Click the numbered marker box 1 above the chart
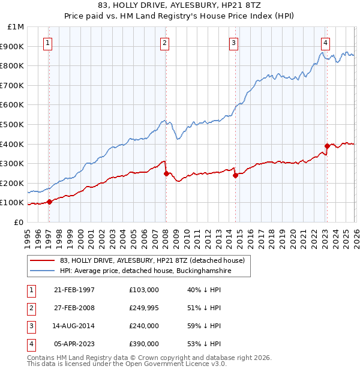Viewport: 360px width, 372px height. click(47, 43)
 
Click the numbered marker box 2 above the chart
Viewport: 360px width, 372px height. click(164, 43)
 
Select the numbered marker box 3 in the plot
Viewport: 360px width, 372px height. click(233, 43)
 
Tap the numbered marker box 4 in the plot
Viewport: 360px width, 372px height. click(325, 43)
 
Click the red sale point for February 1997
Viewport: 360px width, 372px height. click(50, 202)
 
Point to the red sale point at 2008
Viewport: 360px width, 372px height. click(166, 173)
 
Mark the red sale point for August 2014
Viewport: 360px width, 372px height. click(235, 175)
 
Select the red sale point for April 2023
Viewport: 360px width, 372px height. click(327, 146)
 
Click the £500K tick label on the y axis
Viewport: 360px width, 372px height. click(13, 124)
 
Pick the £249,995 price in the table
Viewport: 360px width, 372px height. click(144, 308)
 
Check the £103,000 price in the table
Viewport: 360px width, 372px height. click(144, 290)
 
